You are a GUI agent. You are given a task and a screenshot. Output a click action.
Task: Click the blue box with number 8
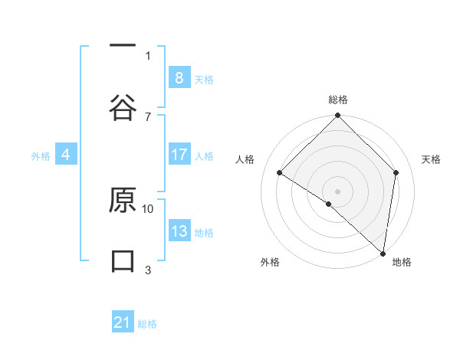[179, 78]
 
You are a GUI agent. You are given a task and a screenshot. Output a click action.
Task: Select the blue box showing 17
[179, 155]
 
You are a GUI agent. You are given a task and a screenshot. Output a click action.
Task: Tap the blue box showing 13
[179, 231]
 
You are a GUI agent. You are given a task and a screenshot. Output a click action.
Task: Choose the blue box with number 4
[65, 155]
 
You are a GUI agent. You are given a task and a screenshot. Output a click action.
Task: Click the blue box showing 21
[123, 322]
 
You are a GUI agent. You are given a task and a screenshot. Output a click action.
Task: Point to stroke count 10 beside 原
[148, 208]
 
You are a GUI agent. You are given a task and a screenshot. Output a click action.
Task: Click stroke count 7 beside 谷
[148, 116]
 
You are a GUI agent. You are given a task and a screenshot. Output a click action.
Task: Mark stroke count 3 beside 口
[148, 270]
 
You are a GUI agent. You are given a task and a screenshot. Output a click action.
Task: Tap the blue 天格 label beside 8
[204, 79]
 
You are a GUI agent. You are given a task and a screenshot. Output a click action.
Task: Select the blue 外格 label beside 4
[41, 155]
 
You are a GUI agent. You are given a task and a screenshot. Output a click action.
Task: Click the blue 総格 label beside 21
[147, 323]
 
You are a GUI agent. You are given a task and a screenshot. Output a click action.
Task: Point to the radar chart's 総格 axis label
[337, 100]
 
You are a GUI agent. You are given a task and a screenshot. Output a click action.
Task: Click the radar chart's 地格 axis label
[402, 262]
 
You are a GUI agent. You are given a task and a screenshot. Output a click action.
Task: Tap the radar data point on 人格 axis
[280, 173]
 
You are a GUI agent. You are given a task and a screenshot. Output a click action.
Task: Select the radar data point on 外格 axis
[329, 204]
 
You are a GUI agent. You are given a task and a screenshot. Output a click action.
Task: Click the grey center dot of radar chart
[337, 191]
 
